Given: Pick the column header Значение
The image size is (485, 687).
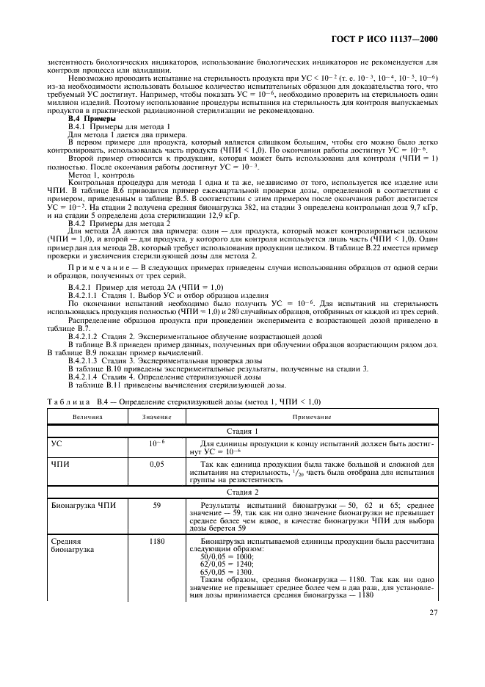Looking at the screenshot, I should pyautogui.click(x=156, y=417).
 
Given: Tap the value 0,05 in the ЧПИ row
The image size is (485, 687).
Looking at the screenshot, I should pyautogui.click(x=156, y=465).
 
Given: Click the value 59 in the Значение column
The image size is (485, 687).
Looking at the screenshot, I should pyautogui.click(x=156, y=506).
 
